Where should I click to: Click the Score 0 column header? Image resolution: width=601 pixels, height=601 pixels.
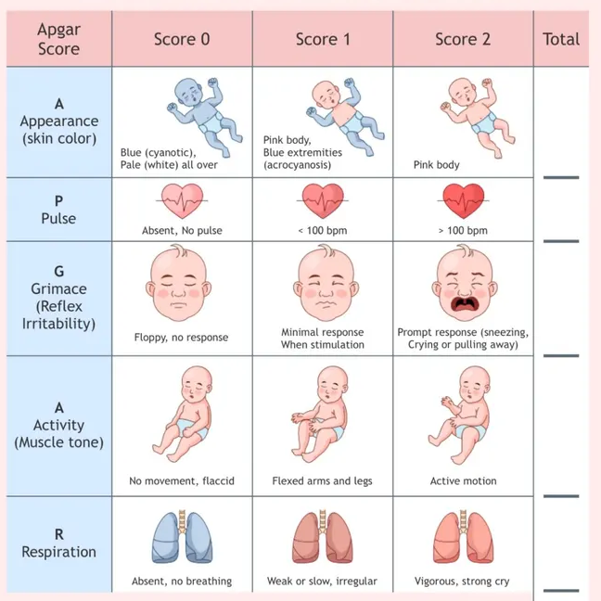point(182,39)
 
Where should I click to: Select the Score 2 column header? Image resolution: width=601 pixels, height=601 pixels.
point(463,39)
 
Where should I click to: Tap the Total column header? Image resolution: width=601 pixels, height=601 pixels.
point(561,39)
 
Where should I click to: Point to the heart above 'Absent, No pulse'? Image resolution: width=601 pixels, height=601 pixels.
point(182,200)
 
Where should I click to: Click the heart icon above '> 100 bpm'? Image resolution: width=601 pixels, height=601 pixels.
point(463,200)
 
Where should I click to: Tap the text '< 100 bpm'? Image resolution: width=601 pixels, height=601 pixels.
point(323,230)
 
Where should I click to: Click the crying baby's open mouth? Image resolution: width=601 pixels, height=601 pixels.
point(464,304)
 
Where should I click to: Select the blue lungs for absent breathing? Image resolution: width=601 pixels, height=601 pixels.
point(182,537)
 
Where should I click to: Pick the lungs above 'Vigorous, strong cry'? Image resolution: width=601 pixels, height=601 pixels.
point(463,537)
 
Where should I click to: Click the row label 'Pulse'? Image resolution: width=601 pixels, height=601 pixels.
point(58,219)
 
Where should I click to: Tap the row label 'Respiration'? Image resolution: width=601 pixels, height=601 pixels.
point(58,552)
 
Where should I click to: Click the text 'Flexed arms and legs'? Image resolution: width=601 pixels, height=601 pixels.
point(322,481)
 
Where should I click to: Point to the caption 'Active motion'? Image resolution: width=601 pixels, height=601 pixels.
point(463,480)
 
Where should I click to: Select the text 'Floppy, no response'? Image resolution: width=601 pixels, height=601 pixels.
point(181,338)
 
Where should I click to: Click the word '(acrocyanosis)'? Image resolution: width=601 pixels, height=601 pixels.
point(297,165)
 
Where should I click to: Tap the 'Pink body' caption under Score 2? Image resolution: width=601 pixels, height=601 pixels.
point(436,165)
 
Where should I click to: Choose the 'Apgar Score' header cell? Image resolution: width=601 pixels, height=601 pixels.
point(58,39)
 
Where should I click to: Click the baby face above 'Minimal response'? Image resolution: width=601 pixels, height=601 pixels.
point(326,284)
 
